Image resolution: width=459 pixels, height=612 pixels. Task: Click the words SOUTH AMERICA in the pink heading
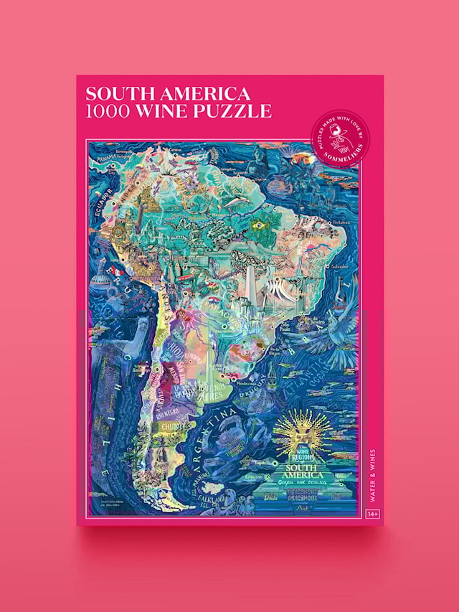[x=168, y=94]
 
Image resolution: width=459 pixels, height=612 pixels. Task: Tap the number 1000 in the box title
[x=108, y=111]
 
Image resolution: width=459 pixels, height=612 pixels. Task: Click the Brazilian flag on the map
[x=255, y=225]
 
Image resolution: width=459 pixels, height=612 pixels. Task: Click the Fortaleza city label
[x=335, y=222]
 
